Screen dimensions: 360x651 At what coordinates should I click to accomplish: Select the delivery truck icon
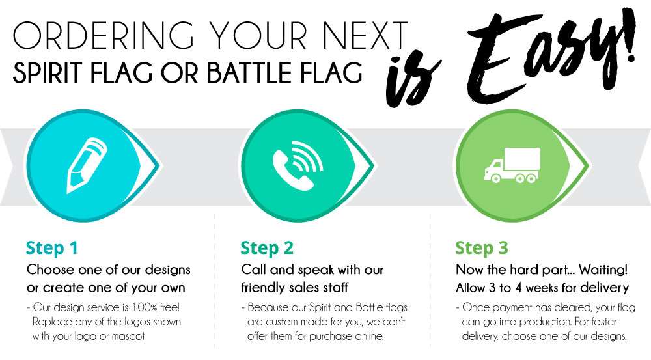[x=512, y=165]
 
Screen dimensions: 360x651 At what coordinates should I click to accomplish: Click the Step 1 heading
[x=52, y=248]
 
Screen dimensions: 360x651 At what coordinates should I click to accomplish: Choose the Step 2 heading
[x=267, y=248]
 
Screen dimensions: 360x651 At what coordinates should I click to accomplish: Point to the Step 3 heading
[x=482, y=248]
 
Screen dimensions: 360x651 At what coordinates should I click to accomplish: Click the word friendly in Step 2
[x=266, y=287]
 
